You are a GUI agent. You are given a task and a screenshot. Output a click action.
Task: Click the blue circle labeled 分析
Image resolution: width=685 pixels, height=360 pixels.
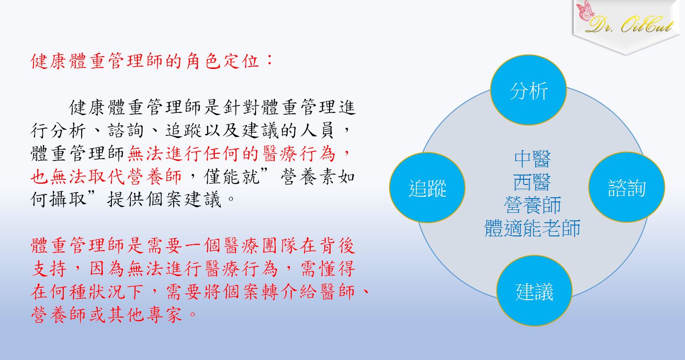click(528, 90)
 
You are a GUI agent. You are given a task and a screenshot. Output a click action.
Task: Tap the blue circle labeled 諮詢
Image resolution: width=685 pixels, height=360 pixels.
click(626, 187)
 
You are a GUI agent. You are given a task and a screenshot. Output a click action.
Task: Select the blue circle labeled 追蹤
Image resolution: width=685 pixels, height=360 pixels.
click(427, 187)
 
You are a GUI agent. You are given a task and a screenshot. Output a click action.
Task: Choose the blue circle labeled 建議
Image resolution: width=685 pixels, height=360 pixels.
click(534, 291)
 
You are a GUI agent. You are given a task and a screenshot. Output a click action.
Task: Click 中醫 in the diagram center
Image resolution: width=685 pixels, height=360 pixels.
click(533, 159)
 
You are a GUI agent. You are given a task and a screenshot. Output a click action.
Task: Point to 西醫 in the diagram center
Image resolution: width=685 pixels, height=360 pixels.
click(533, 182)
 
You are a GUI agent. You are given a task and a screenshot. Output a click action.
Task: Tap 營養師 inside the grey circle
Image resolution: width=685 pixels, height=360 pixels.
click(533, 205)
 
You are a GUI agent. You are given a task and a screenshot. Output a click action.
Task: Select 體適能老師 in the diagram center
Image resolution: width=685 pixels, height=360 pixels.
click(533, 228)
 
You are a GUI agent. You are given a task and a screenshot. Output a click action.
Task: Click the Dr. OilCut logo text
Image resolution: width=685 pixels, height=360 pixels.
click(630, 24)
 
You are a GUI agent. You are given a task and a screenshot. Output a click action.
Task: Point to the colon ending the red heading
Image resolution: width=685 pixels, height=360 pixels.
click(270, 60)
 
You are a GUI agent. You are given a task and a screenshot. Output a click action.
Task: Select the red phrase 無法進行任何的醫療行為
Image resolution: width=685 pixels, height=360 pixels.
click(231, 154)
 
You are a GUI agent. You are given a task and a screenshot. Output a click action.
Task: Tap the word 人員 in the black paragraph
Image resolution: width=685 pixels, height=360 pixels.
click(317, 131)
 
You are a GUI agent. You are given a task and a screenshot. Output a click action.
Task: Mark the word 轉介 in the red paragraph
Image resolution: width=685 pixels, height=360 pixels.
click(279, 292)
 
